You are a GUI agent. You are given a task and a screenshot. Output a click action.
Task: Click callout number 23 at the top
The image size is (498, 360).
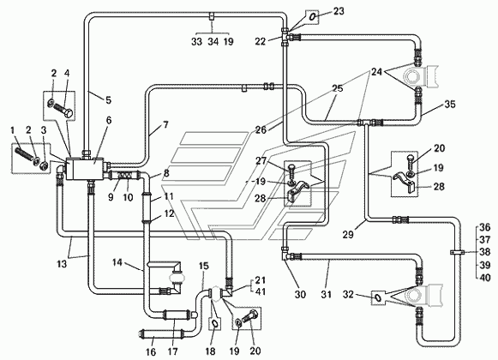[x=339, y=11]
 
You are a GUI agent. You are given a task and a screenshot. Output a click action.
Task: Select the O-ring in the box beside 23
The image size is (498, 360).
[x=313, y=16]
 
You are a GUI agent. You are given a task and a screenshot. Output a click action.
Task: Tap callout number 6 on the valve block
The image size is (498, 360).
[x=109, y=120]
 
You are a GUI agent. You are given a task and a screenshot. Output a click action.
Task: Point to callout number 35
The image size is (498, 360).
[x=450, y=105]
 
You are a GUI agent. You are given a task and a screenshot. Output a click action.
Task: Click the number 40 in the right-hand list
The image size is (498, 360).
[x=484, y=278]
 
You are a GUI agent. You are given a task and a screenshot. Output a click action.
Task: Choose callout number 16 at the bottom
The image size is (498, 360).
[x=151, y=351]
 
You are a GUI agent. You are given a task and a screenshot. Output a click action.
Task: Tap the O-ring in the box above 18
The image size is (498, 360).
[x=215, y=324]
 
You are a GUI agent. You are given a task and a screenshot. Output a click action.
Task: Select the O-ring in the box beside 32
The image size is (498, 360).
[x=378, y=298]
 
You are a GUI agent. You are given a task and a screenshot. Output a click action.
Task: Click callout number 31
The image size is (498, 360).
[x=327, y=295]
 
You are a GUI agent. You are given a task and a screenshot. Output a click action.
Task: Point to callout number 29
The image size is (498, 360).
[x=348, y=235]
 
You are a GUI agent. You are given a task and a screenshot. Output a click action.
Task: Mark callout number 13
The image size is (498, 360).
[x=62, y=264]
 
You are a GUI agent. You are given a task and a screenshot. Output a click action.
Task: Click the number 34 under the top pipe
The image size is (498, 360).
[x=213, y=41]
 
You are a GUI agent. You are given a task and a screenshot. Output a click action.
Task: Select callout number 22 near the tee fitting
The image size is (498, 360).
[x=260, y=41]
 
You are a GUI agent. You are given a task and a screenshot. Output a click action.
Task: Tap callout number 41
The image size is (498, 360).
[x=261, y=291]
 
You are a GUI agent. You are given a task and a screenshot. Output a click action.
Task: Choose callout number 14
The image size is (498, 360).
[x=117, y=262]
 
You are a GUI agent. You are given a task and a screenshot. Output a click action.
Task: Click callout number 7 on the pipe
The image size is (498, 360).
[x=165, y=124]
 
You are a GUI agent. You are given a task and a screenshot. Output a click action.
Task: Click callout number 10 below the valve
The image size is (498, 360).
[x=128, y=198]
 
